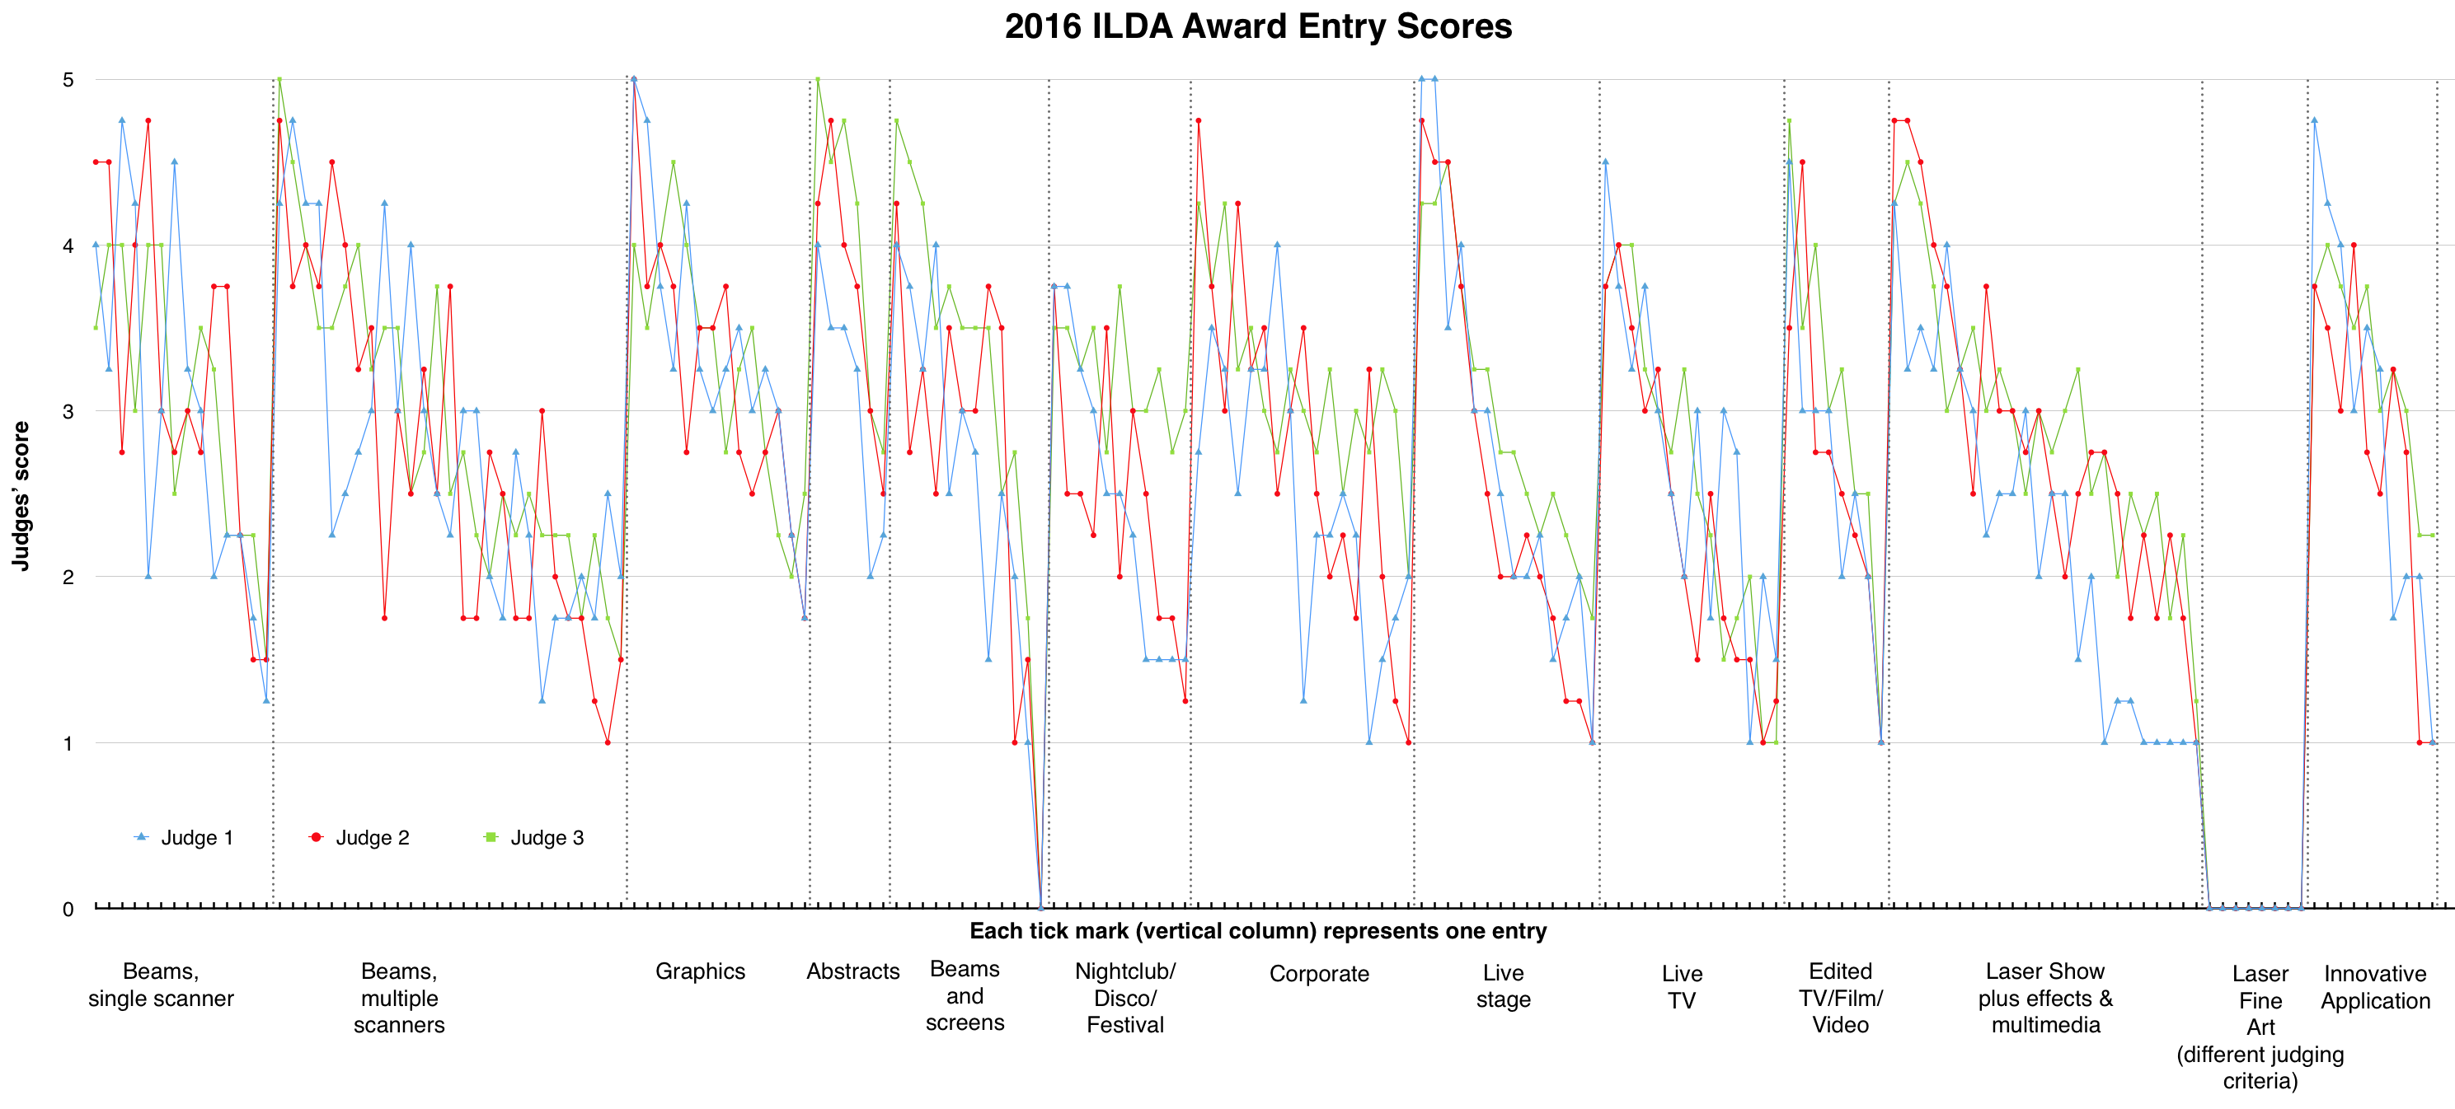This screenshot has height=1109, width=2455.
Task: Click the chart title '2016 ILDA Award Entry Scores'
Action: point(1257,26)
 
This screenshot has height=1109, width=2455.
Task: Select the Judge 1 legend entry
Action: point(185,837)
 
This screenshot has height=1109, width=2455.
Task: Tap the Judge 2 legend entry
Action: point(360,837)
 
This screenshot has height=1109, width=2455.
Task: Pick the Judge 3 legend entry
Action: point(535,837)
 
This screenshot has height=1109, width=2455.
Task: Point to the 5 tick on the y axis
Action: point(68,80)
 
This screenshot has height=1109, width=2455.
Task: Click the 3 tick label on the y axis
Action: point(68,412)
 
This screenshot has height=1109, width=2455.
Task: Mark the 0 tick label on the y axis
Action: point(68,909)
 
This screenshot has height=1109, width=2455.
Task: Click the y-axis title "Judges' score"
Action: point(21,495)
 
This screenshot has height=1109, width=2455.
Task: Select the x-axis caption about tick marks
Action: point(1257,931)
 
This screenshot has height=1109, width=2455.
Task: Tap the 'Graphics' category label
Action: point(700,971)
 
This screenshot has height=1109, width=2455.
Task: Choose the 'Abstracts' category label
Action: point(853,971)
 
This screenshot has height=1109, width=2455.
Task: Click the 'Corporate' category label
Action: point(1319,974)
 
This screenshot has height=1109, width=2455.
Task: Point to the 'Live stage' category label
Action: point(1503,986)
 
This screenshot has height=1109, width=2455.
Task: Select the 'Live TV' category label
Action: point(1681,987)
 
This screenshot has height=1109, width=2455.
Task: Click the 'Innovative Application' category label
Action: point(2375,987)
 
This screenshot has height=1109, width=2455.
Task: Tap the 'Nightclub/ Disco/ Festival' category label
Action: point(1124,998)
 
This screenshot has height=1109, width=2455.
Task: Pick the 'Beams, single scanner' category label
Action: point(161,985)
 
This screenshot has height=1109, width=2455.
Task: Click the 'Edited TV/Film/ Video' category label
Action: point(1840,998)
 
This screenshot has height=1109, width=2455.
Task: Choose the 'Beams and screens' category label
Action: point(965,995)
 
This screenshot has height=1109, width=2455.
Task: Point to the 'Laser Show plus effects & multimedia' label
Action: point(2045,998)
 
